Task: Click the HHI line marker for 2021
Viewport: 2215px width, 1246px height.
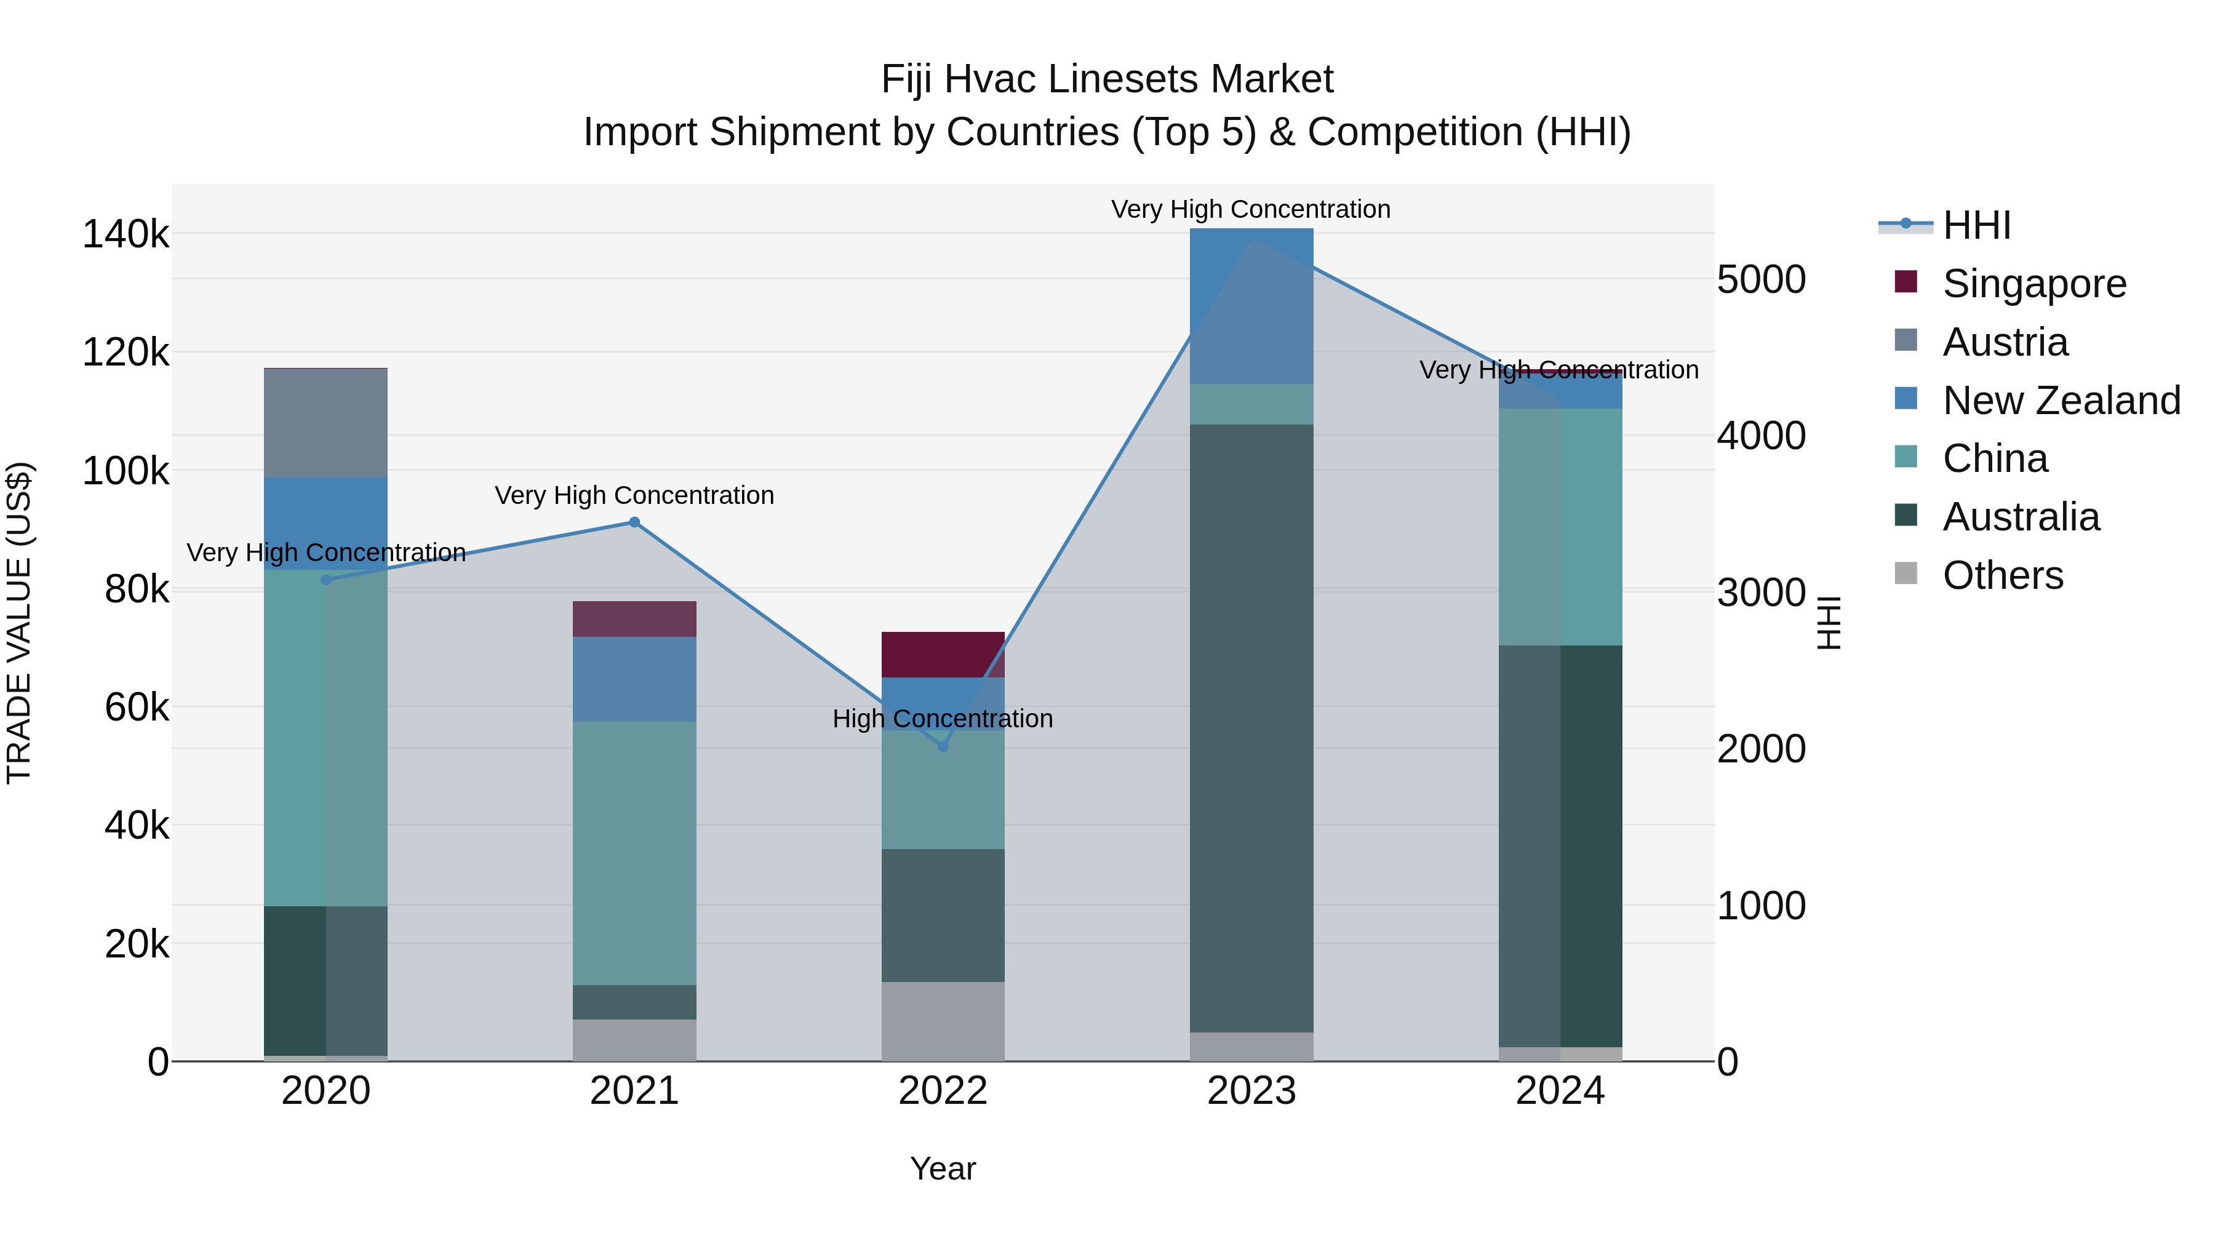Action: click(634, 522)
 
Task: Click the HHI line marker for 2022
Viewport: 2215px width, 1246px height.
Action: click(943, 746)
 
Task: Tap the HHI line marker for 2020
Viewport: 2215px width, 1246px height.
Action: click(326, 580)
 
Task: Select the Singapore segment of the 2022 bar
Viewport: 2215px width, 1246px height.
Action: click(943, 655)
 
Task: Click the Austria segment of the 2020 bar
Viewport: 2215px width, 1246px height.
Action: click(326, 422)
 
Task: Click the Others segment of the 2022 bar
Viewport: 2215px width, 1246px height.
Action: click(943, 1021)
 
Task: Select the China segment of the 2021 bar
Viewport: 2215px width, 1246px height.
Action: click(634, 852)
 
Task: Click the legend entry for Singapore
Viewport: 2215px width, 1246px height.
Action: click(2033, 284)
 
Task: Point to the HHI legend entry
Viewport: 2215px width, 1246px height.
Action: click(1976, 225)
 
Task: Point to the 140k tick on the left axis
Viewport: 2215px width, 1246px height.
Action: click(126, 234)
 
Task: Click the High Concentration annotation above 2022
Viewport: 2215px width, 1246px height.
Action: click(943, 718)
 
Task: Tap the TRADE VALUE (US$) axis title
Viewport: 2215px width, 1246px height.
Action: click(19, 623)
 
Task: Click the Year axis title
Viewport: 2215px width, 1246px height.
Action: click(943, 1168)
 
